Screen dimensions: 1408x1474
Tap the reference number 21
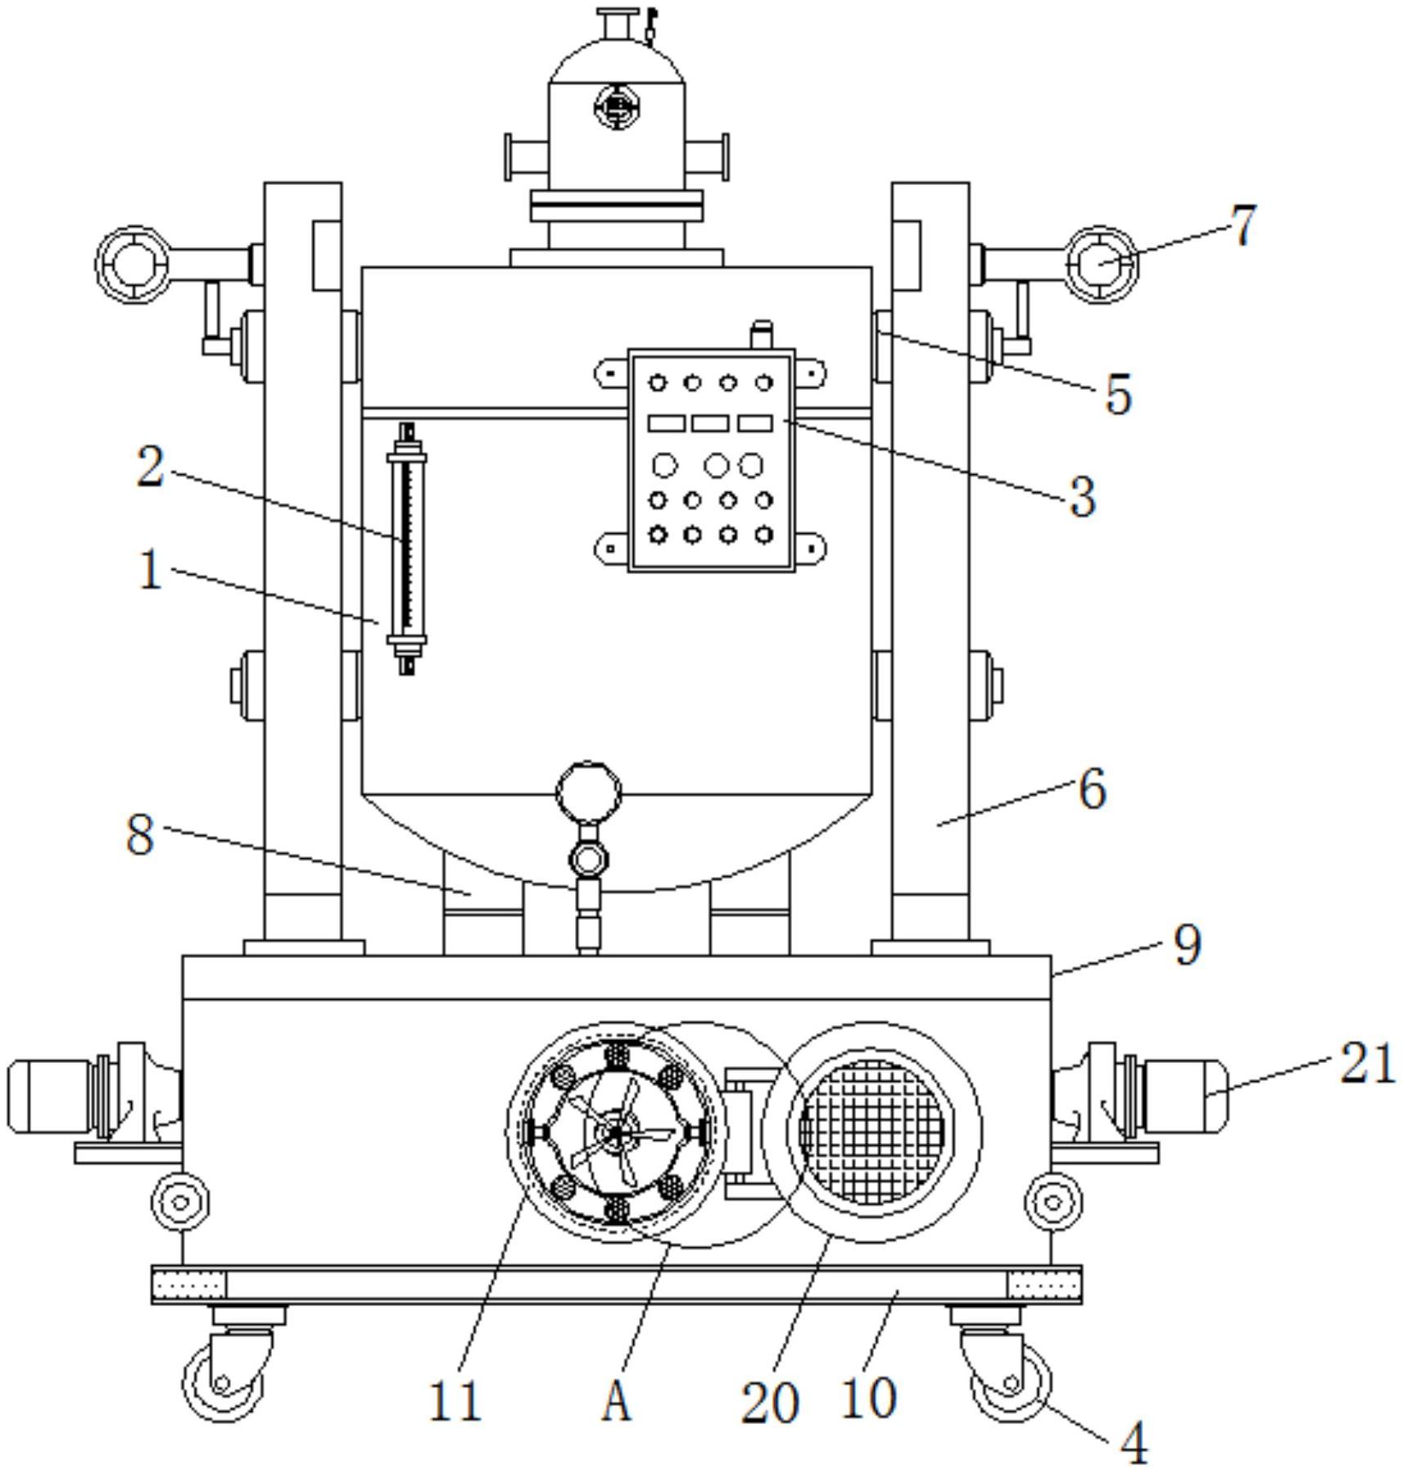click(1366, 1064)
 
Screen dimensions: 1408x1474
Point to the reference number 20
click(770, 1402)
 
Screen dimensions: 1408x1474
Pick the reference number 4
click(1134, 1443)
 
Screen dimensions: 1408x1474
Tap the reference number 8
click(140, 834)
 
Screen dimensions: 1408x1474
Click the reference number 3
click(1083, 496)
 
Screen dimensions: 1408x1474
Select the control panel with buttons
click(711, 460)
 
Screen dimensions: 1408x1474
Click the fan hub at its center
click(614, 1133)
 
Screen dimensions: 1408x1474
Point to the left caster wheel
click(224, 1382)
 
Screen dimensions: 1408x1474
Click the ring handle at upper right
click(1102, 265)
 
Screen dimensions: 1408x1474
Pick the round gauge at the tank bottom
click(588, 793)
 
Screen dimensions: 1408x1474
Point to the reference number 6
click(1093, 789)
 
